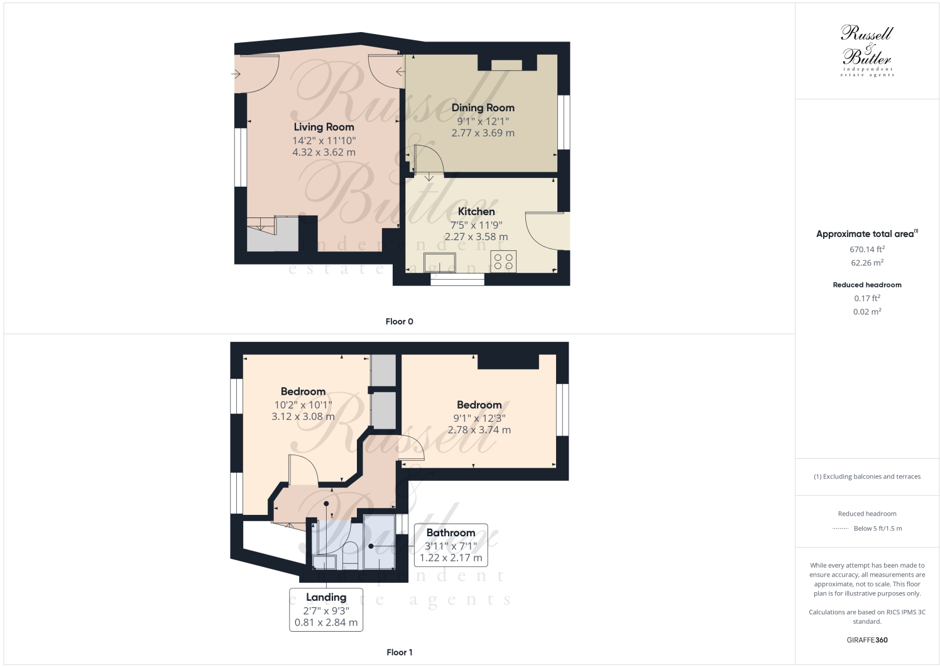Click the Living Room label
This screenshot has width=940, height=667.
pyautogui.click(x=324, y=127)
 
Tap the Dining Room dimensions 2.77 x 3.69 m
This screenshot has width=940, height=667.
pyautogui.click(x=483, y=133)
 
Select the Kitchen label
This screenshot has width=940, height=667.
pyautogui.click(x=476, y=212)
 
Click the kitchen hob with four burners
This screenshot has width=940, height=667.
pyautogui.click(x=503, y=262)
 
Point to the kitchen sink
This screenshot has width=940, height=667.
pyautogui.click(x=440, y=262)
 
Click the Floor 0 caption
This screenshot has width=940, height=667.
pyautogui.click(x=399, y=322)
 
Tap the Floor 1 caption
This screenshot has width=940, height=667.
pyautogui.click(x=399, y=653)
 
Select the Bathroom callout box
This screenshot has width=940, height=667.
pyautogui.click(x=451, y=545)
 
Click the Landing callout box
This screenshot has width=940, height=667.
pyautogui.click(x=326, y=609)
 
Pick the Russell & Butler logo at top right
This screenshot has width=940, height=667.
pyautogui.click(x=866, y=50)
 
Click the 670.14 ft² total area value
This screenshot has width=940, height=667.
pyautogui.click(x=866, y=250)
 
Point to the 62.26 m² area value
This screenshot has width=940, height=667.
pyautogui.click(x=866, y=263)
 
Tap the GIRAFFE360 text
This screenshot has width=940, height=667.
pyautogui.click(x=866, y=640)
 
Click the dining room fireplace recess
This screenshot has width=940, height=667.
pyautogui.click(x=506, y=65)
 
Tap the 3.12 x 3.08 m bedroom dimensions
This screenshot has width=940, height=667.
pyautogui.click(x=303, y=417)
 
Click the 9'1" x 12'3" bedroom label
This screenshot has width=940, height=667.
pyautogui.click(x=479, y=418)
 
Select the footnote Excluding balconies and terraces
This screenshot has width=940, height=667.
pyautogui.click(x=866, y=477)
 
